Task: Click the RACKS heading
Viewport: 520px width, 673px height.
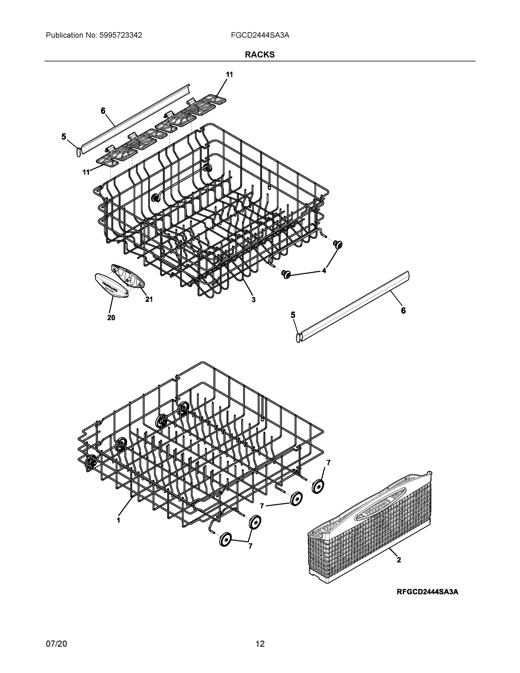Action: click(x=260, y=55)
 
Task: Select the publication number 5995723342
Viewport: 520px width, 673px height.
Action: click(x=121, y=35)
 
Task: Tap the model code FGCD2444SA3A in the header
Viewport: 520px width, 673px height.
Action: click(x=260, y=35)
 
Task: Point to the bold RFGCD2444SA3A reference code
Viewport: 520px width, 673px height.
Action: click(x=427, y=592)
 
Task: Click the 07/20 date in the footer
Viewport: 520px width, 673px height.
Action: click(x=56, y=644)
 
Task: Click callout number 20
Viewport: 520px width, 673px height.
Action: click(x=111, y=317)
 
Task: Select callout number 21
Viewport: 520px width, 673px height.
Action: click(x=149, y=299)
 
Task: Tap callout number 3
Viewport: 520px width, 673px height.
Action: click(x=253, y=299)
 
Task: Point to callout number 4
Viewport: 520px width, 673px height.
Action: click(x=324, y=271)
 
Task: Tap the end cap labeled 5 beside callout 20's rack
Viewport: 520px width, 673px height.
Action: click(x=78, y=151)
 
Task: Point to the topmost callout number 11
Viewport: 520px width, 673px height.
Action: click(x=229, y=75)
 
